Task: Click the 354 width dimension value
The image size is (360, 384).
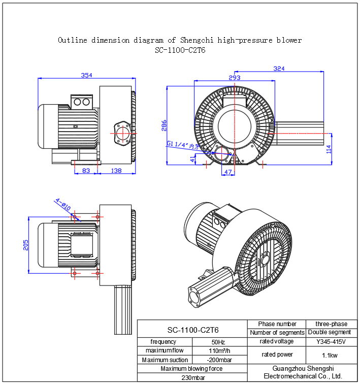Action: click(x=87, y=75)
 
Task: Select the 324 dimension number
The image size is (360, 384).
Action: click(x=279, y=68)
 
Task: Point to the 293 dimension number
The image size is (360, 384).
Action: click(x=234, y=78)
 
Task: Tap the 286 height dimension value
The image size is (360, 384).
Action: click(x=163, y=125)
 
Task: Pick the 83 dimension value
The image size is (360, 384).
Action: click(x=86, y=171)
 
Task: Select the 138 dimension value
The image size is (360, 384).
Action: click(x=116, y=171)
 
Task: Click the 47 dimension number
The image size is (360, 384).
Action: click(x=228, y=172)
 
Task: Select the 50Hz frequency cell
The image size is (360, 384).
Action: click(x=218, y=342)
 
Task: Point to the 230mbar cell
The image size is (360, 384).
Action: click(x=191, y=377)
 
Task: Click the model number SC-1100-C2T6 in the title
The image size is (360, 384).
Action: click(x=180, y=50)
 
